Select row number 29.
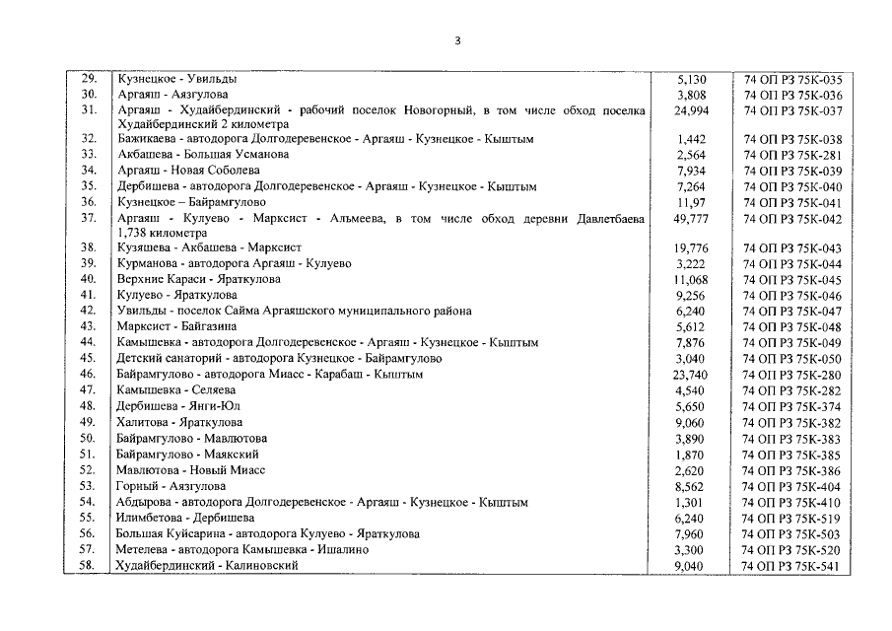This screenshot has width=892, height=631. pyautogui.click(x=88, y=79)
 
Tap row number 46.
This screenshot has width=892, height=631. pyautogui.click(x=88, y=375)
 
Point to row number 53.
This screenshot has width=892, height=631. pyautogui.click(x=88, y=486)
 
